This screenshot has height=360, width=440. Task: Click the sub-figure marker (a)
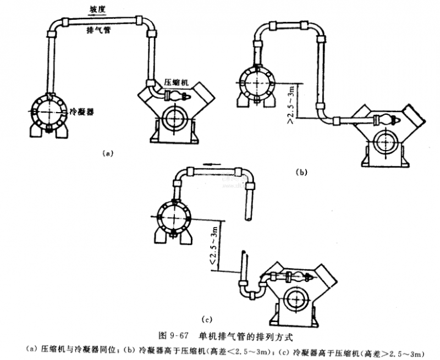(x=107, y=153)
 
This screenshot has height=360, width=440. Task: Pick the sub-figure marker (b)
(x=301, y=172)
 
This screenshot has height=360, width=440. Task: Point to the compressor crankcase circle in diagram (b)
(x=383, y=140)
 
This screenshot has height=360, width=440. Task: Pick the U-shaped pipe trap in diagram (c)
(x=250, y=291)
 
